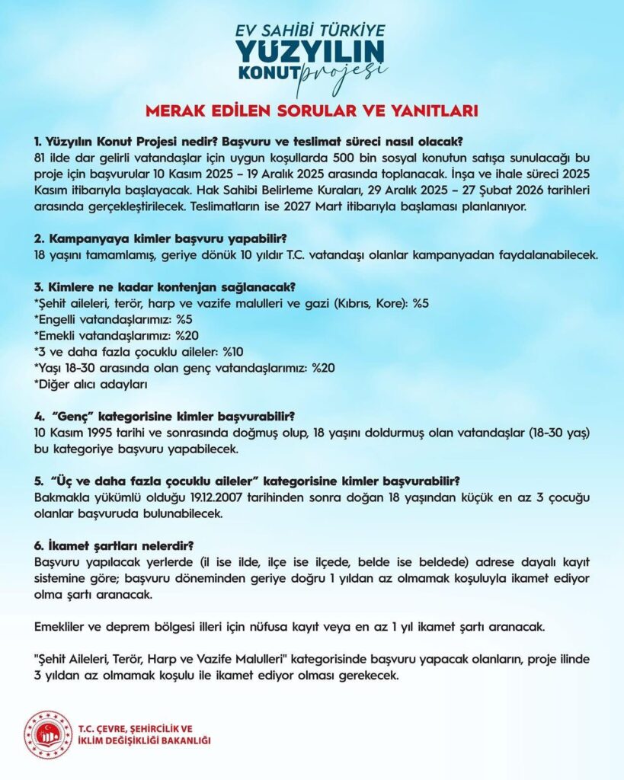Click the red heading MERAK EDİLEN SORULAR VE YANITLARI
tap(312, 111)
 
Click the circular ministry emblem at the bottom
tap(47, 734)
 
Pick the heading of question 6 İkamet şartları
tap(114, 545)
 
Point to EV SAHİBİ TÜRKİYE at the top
tap(312, 30)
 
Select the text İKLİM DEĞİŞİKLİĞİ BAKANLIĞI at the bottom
tap(145, 740)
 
